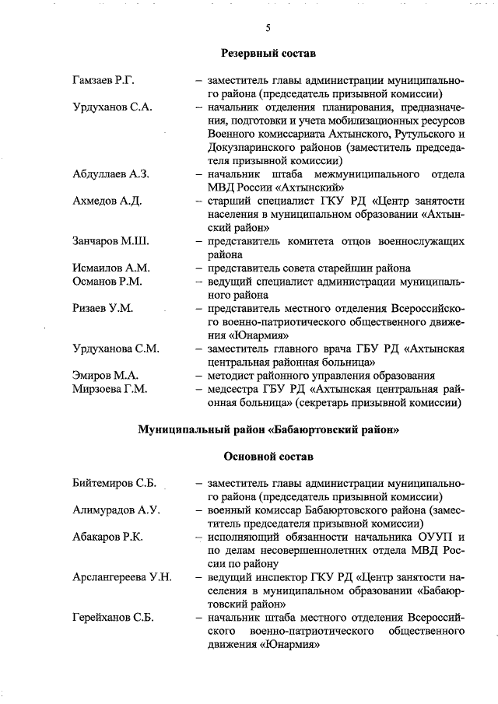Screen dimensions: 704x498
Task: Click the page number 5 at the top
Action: coord(268,28)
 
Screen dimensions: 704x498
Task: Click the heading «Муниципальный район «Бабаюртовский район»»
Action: coord(268,429)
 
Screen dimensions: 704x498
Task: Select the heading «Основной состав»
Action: coord(268,456)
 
